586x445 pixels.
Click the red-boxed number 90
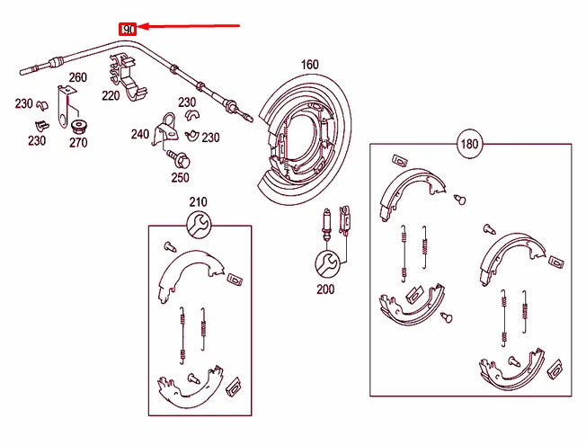click(x=129, y=30)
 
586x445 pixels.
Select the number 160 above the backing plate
click(x=309, y=65)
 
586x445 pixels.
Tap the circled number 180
click(x=468, y=144)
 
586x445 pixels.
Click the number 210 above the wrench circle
click(x=198, y=201)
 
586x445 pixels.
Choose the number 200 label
click(x=325, y=289)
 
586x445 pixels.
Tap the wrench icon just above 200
click(x=326, y=263)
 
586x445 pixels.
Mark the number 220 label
click(x=111, y=95)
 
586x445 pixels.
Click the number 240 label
click(x=139, y=135)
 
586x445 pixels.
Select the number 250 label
click(x=181, y=177)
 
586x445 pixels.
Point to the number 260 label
click(x=77, y=77)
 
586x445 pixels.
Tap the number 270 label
click(x=78, y=142)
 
